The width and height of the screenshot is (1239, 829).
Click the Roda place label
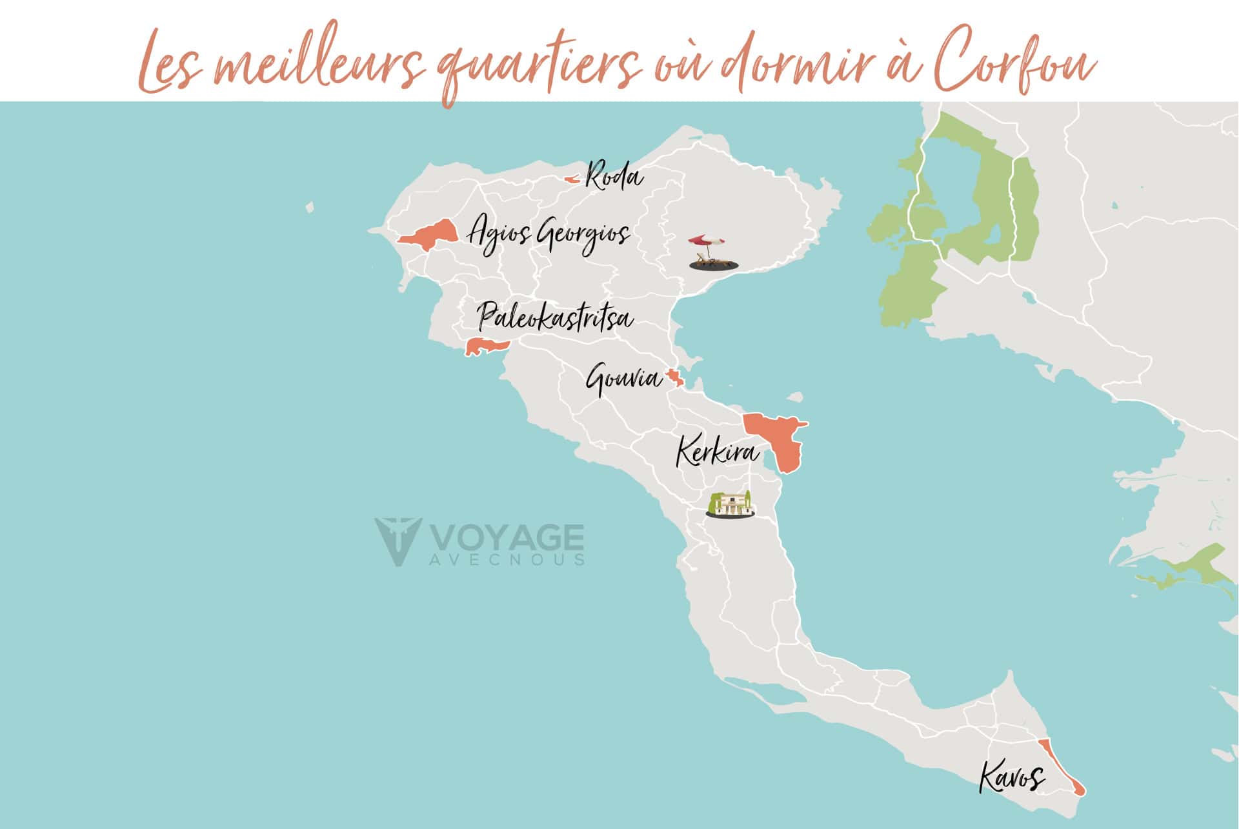(x=614, y=177)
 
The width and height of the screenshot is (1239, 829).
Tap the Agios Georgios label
(x=549, y=234)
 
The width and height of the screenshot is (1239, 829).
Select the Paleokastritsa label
(x=555, y=318)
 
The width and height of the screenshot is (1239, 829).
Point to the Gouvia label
(x=623, y=379)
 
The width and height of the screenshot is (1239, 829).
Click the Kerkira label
(x=718, y=452)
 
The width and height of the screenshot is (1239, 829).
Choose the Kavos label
(x=1011, y=777)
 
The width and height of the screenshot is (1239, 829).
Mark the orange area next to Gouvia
(x=675, y=378)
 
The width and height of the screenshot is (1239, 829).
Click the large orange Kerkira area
(x=778, y=439)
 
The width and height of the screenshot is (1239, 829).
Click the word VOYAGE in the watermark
(x=507, y=537)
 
